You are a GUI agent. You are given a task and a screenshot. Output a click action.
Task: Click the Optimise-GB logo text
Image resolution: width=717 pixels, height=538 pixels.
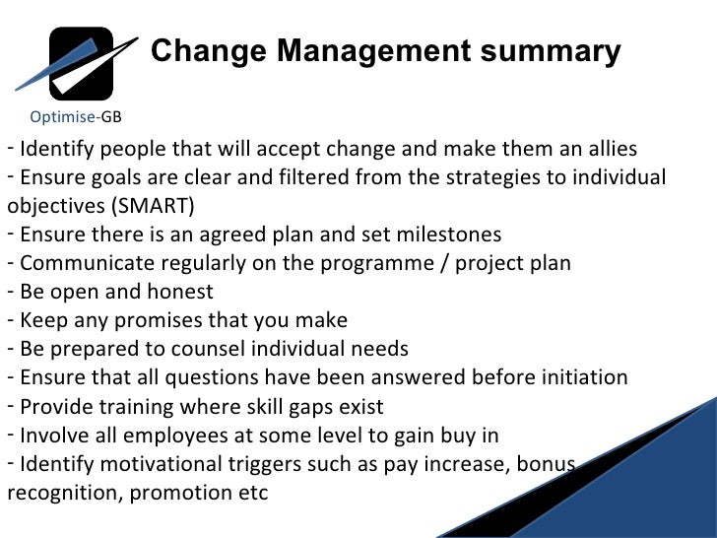[x=76, y=116]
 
